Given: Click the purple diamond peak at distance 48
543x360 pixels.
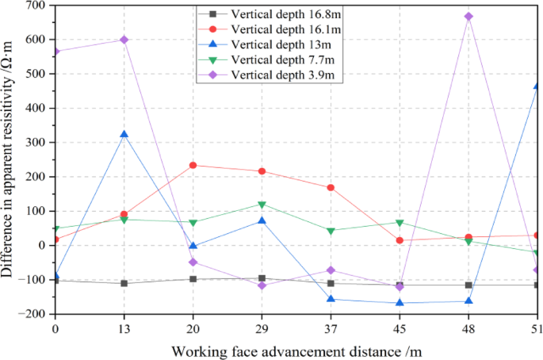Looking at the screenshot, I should [x=469, y=17].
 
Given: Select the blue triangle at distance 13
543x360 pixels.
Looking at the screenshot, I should [x=124, y=135].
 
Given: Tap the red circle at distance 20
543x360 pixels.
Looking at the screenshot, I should [x=193, y=165].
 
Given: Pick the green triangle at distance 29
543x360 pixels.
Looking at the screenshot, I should [x=262, y=205].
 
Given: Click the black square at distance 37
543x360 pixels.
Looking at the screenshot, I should [x=331, y=283].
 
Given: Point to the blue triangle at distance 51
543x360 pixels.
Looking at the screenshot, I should [x=537, y=86].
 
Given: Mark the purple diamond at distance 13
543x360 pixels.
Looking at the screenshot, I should [x=124, y=40].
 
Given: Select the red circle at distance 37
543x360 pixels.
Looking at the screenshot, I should [x=331, y=187].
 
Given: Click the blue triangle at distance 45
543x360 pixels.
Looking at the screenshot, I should [x=400, y=302].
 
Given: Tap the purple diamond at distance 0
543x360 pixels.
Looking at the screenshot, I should [x=55, y=52].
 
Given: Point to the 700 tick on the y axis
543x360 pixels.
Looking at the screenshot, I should [x=35, y=6].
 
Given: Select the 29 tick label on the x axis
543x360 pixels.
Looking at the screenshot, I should [x=262, y=327].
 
